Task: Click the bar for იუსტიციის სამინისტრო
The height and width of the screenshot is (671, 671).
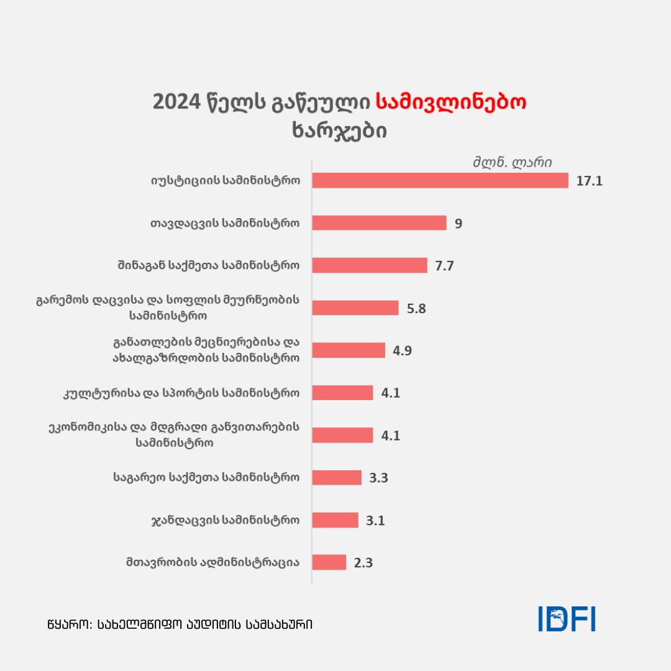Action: [x=440, y=180]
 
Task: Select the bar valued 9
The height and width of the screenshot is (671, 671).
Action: [x=379, y=222]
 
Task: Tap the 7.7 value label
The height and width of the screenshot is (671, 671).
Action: [x=445, y=265]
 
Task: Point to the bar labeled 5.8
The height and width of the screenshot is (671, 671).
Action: [x=355, y=308]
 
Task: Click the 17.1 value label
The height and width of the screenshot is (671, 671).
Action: [x=590, y=181]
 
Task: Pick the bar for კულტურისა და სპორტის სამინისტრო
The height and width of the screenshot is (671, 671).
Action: [x=342, y=393]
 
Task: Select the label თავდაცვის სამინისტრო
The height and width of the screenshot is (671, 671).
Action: [x=226, y=222]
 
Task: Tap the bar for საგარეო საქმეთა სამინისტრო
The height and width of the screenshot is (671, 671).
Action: [x=336, y=477]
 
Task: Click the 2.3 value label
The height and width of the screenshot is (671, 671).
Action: [x=363, y=563]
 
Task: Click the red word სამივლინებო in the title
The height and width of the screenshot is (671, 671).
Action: [x=452, y=103]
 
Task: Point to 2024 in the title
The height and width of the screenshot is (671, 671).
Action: [x=178, y=103]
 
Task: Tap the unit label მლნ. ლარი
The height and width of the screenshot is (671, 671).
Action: [x=512, y=163]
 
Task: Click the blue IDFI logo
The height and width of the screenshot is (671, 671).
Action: [x=566, y=619]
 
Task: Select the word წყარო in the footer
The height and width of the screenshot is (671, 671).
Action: [x=66, y=624]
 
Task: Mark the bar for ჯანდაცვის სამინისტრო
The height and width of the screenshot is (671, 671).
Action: [x=335, y=520]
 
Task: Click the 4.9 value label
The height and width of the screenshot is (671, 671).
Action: [x=402, y=350]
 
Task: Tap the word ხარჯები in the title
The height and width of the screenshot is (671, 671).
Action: [x=339, y=131]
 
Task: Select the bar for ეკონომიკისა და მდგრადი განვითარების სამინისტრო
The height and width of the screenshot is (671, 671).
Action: [x=342, y=435]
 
